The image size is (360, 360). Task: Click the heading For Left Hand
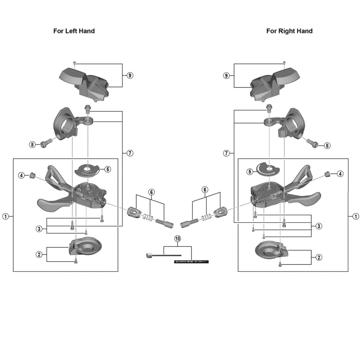(x=74, y=31)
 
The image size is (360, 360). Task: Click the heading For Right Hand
(x=289, y=31)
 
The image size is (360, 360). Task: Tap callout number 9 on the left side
(x=130, y=75)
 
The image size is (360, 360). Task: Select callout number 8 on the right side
(x=327, y=146)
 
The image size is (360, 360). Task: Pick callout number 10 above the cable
(x=178, y=238)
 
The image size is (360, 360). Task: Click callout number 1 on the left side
(x=5, y=216)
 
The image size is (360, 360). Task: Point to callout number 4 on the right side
(x=340, y=173)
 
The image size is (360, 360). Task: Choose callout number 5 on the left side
(x=108, y=169)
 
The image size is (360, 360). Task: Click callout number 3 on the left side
(x=39, y=229)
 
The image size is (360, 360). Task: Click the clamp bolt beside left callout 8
(x=45, y=143)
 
